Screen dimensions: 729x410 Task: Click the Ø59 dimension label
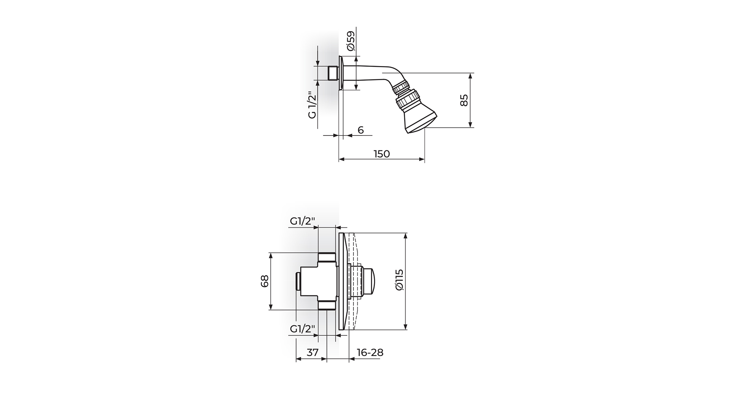[351, 41]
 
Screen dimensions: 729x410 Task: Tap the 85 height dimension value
[464, 100]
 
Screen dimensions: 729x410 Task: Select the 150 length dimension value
[382, 154]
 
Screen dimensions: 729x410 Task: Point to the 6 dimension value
[361, 130]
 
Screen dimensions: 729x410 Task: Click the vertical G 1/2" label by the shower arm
[312, 105]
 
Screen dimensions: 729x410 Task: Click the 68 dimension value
[265, 281]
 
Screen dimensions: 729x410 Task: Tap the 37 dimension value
[312, 352]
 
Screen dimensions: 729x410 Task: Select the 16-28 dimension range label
[370, 352]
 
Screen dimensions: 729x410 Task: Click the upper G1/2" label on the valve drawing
[303, 221]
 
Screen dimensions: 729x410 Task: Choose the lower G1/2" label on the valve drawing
[303, 329]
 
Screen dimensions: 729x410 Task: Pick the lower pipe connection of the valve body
[327, 304]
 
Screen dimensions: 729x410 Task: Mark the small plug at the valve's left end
[298, 281]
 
